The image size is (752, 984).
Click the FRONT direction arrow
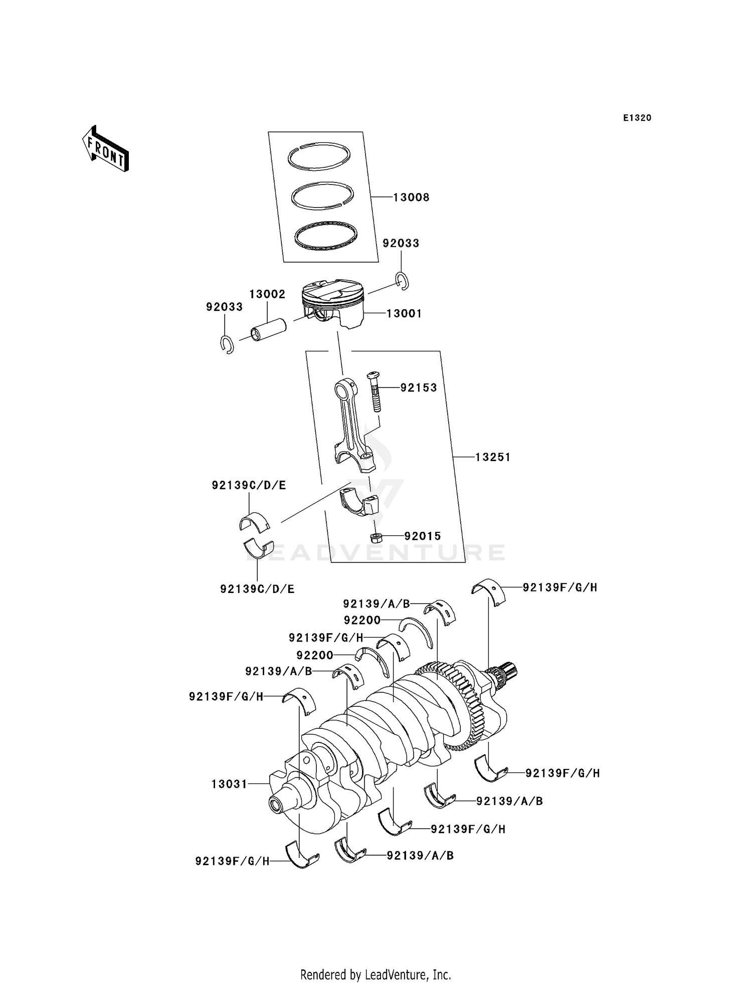click(106, 150)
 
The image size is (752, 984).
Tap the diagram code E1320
click(637, 118)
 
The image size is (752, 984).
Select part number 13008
click(411, 198)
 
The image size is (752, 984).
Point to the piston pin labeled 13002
click(268, 330)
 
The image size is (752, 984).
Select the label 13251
click(492, 457)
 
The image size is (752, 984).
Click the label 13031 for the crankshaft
click(229, 784)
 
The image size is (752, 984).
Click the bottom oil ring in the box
click(326, 236)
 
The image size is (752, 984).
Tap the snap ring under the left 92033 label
click(227, 344)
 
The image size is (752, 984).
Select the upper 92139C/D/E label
click(249, 485)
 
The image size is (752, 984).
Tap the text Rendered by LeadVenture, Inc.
click(375, 974)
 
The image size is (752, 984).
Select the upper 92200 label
click(362, 621)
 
